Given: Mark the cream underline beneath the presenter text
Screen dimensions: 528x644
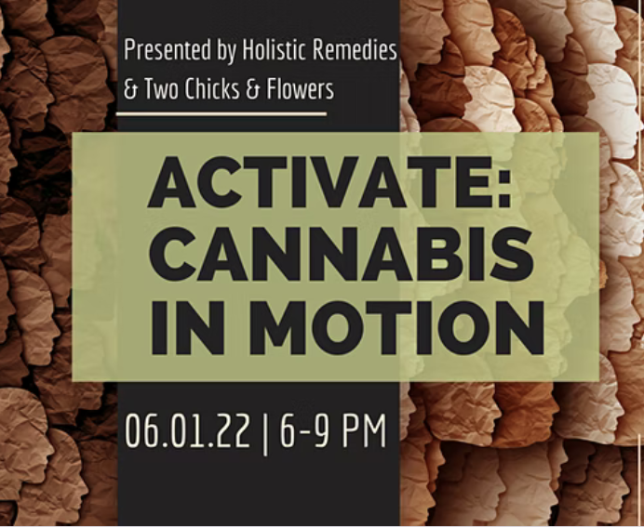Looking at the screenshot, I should (224, 113).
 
